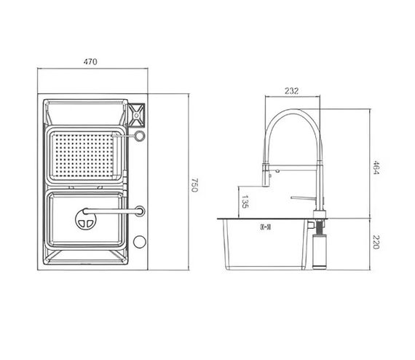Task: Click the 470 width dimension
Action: [x=90, y=62]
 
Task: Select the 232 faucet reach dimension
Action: [x=290, y=91]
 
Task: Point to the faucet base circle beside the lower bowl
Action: [x=139, y=211]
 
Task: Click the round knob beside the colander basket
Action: [x=139, y=136]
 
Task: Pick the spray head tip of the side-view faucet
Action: [x=266, y=179]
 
